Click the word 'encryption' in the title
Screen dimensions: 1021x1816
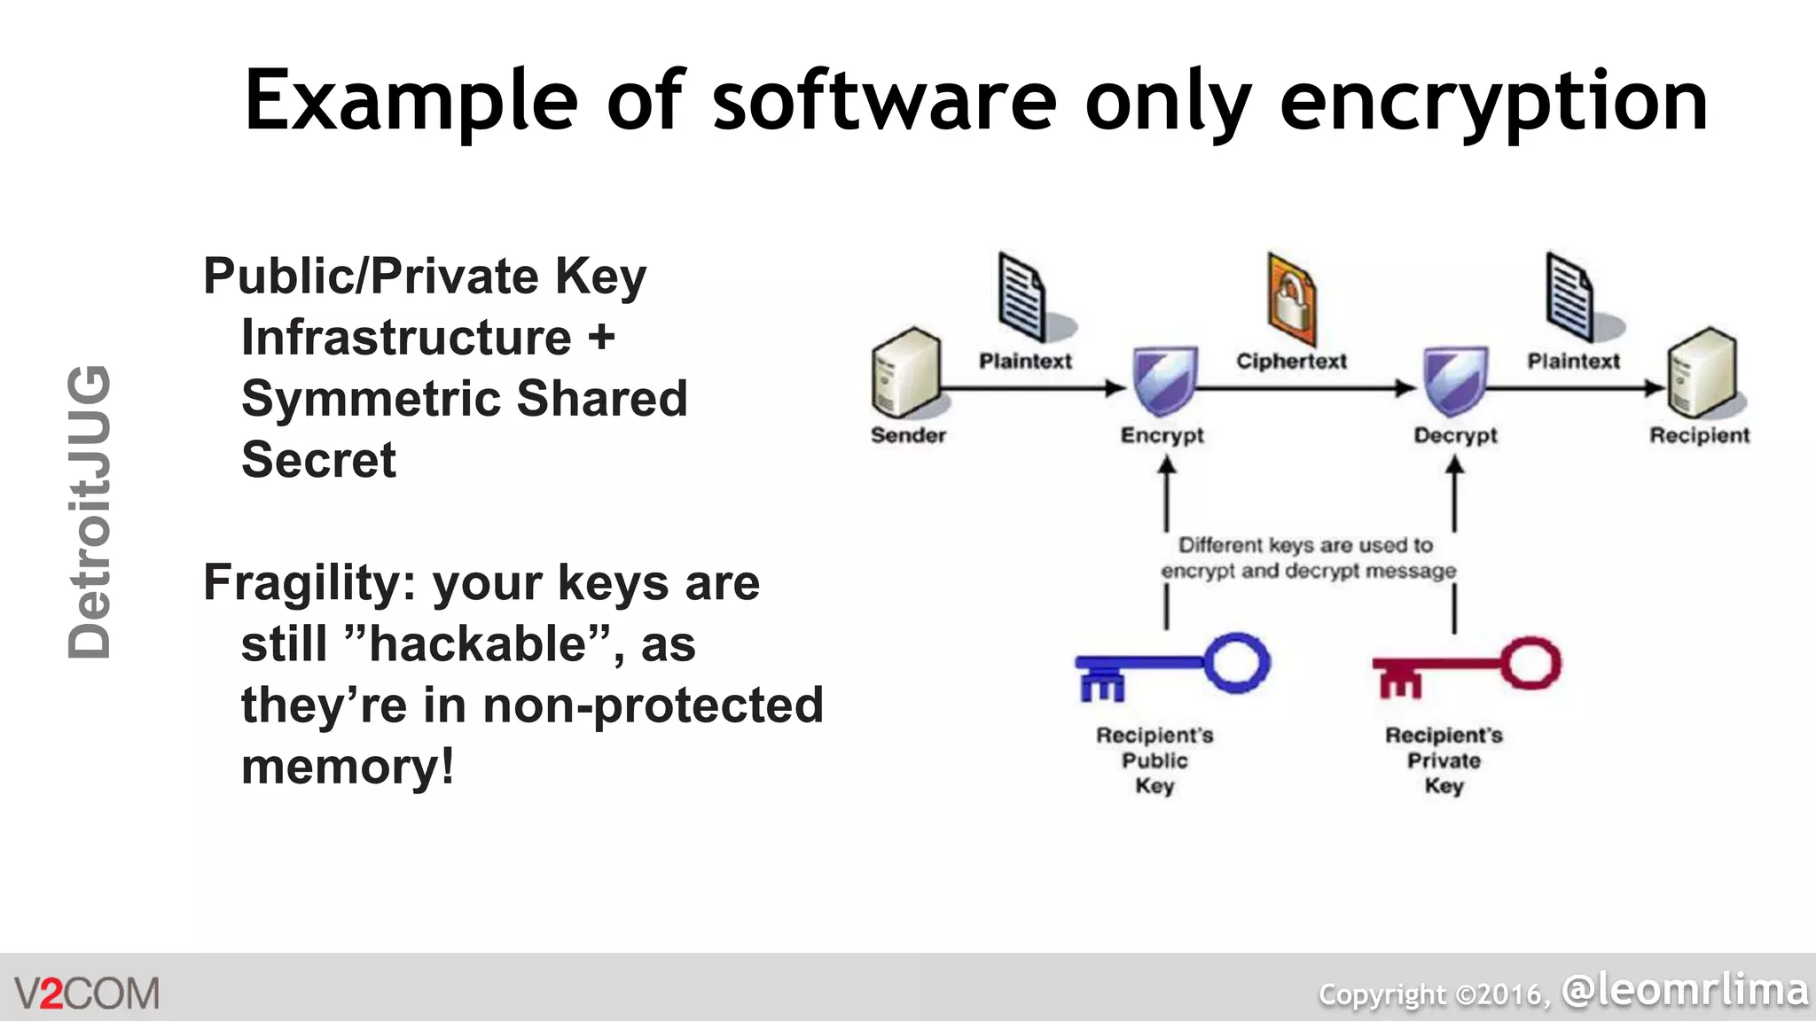pyautogui.click(x=1493, y=103)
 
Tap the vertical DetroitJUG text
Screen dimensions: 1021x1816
pyautogui.click(x=90, y=512)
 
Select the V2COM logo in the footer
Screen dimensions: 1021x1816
pyautogui.click(x=87, y=993)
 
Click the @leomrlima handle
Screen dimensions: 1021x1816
pyautogui.click(x=1685, y=989)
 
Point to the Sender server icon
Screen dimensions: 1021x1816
pyautogui.click(x=905, y=373)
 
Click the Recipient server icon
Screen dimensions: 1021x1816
pyautogui.click(x=1702, y=373)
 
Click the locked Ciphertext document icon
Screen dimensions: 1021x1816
pyautogui.click(x=1291, y=299)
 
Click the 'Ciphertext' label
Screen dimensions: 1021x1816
pyautogui.click(x=1291, y=361)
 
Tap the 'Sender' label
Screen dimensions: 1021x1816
pyautogui.click(x=908, y=435)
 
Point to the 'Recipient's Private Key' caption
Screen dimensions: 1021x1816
pyautogui.click(x=1444, y=760)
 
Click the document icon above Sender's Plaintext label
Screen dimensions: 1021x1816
pyautogui.click(x=1022, y=297)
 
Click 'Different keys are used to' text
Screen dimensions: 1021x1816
pyautogui.click(x=1305, y=545)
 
